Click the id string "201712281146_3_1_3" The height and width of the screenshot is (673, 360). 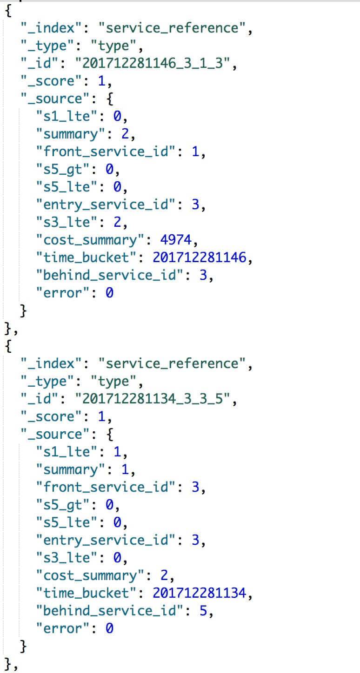[156, 64]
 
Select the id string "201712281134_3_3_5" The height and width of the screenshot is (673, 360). [156, 399]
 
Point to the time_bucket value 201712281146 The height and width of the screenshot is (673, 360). [199, 257]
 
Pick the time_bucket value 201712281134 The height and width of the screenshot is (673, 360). [199, 593]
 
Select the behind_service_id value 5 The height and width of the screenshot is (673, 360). [203, 611]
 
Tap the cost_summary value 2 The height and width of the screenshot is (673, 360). [164, 575]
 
